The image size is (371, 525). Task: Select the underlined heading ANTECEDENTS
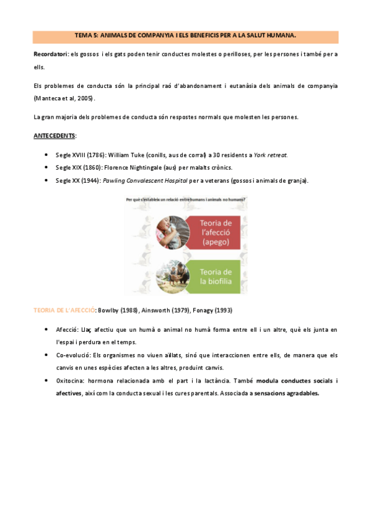[54, 135]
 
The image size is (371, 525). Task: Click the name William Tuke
[125, 155]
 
